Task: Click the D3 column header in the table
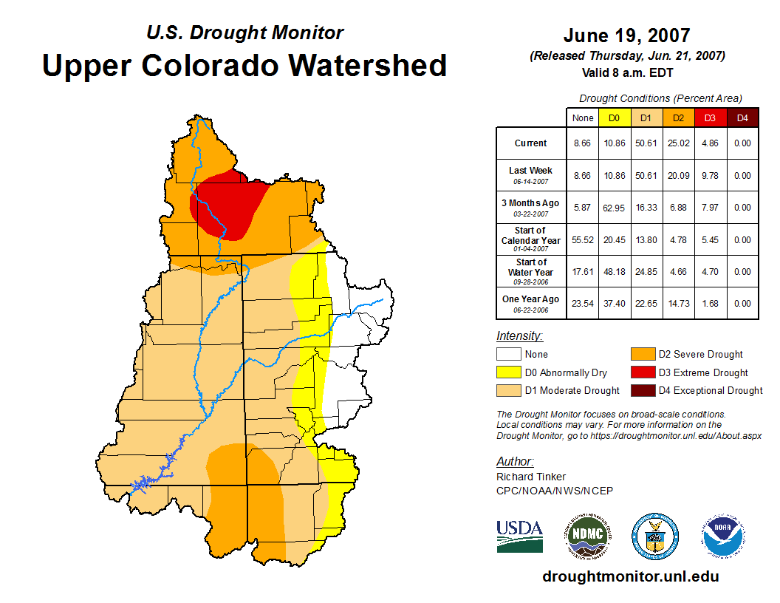[709, 117]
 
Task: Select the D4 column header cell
[742, 117]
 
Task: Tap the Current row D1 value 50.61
[645, 143]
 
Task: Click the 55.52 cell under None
[583, 240]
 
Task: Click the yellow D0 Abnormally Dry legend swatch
[508, 373]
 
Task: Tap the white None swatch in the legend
[508, 355]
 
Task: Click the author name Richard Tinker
[531, 477]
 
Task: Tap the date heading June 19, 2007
[626, 35]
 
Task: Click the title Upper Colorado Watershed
[244, 65]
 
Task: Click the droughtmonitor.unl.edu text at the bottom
[630, 576]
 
